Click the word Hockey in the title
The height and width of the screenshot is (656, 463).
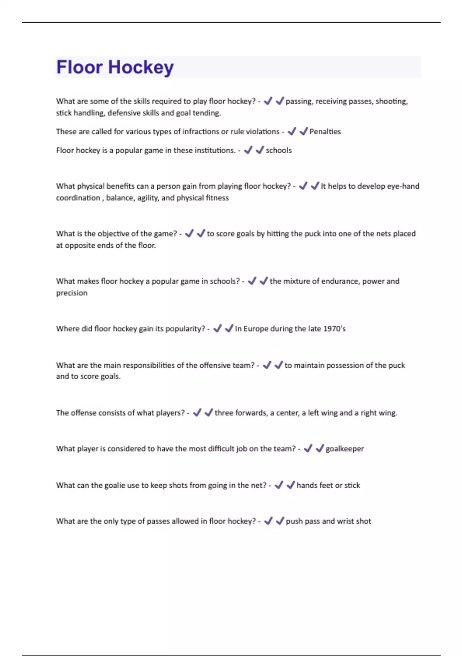click(141, 68)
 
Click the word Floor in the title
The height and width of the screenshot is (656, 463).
click(79, 67)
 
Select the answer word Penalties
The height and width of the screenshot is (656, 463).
click(325, 132)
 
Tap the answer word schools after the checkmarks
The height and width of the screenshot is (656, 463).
click(279, 150)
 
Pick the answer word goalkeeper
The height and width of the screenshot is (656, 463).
click(345, 449)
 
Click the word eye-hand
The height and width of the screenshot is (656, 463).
click(403, 186)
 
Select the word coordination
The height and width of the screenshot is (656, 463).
click(78, 198)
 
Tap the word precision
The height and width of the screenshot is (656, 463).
click(72, 293)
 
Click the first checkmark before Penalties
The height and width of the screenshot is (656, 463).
click(292, 131)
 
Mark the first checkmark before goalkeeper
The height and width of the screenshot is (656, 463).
click(308, 448)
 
